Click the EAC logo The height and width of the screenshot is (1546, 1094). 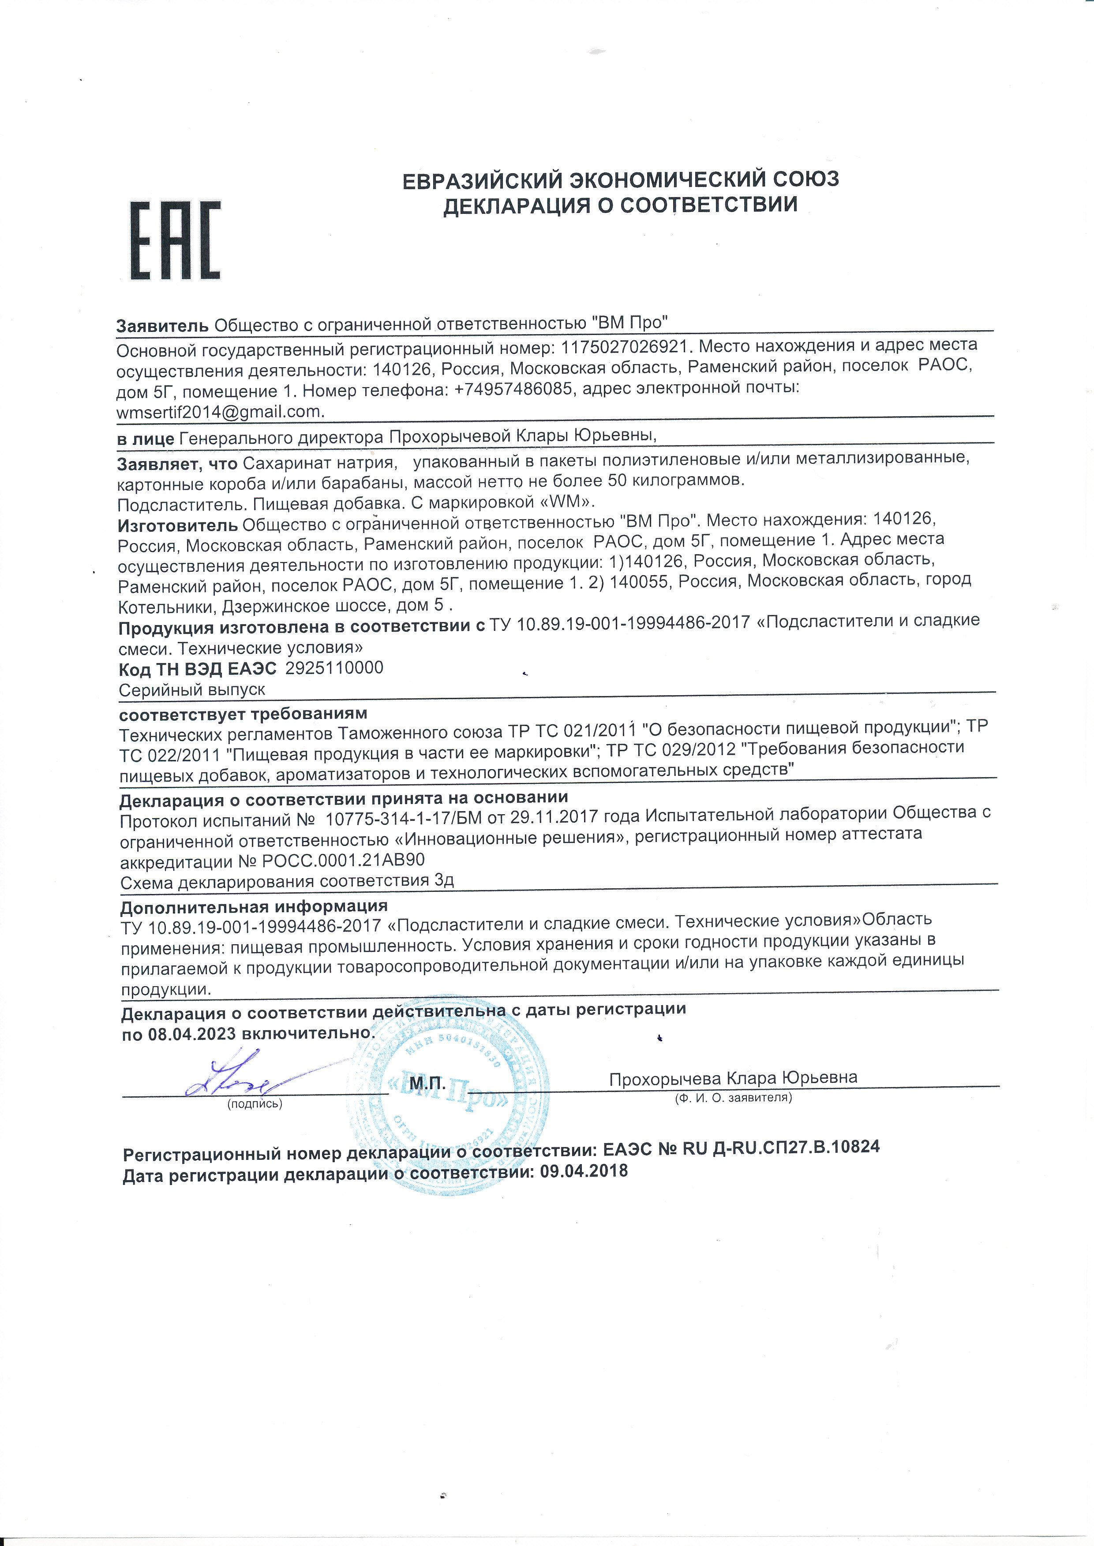click(175, 240)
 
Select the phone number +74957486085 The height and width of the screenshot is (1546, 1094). click(513, 389)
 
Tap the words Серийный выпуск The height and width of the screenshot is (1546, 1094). click(192, 690)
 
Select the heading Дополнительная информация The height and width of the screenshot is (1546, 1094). click(254, 907)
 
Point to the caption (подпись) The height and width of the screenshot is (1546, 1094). click(255, 1104)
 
